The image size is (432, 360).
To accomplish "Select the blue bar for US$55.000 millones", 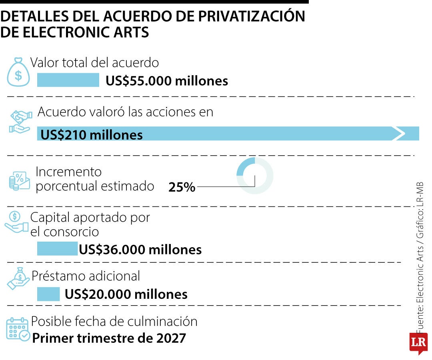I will click(68, 80).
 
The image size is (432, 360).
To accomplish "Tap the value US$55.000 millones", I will click(167, 81).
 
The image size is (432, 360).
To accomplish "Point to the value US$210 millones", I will click(92, 134).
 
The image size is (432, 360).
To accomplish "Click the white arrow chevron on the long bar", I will click(399, 134).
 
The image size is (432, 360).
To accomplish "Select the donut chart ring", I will click(255, 176).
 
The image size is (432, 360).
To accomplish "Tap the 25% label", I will click(182, 187).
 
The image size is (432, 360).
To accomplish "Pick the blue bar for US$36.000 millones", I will click(57, 249).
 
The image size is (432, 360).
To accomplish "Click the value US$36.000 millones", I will click(140, 250).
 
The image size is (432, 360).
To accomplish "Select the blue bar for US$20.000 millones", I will click(48, 294).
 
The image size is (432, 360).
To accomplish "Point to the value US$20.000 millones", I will click(126, 294).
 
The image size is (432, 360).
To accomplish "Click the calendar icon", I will click(18, 329).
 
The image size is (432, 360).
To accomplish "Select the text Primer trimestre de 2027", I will click(109, 338).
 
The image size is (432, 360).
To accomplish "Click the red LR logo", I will click(418, 343).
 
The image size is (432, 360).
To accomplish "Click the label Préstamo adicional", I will click(86, 276).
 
